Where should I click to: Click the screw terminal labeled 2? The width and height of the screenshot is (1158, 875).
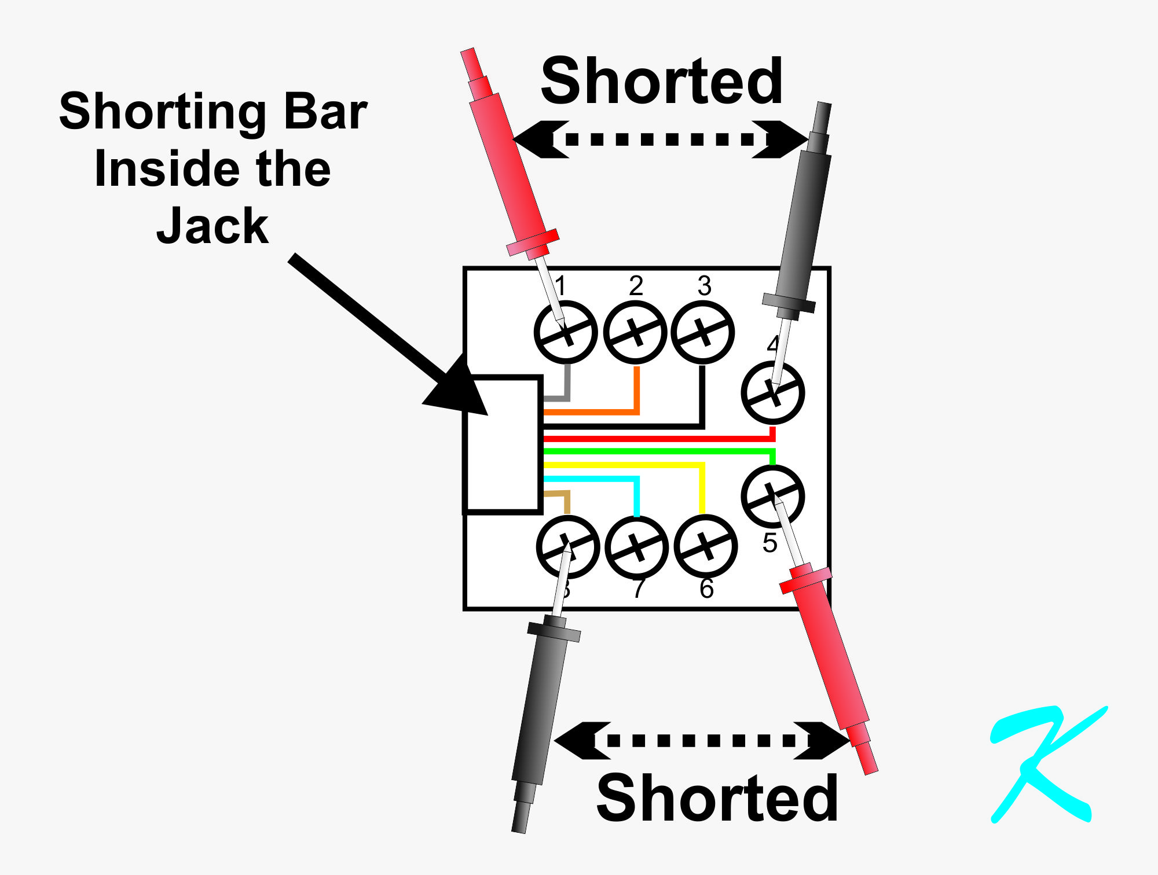(x=635, y=332)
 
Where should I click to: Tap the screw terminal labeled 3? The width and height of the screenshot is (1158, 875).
(x=703, y=332)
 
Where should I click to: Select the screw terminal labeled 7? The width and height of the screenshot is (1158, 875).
(x=636, y=547)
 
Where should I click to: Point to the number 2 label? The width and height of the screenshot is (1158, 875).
(x=636, y=286)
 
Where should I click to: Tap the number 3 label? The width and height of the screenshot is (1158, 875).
(x=704, y=286)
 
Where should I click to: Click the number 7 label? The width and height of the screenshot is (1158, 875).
(x=638, y=589)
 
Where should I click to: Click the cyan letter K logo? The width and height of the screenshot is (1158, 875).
(x=1042, y=764)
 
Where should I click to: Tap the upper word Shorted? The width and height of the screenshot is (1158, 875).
(x=662, y=82)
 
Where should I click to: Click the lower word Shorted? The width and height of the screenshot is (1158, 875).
(x=717, y=799)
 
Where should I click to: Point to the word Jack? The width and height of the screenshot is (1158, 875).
(x=212, y=226)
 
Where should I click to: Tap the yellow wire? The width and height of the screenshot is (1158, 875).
(x=625, y=465)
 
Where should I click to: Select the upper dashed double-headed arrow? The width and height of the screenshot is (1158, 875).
(x=661, y=139)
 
